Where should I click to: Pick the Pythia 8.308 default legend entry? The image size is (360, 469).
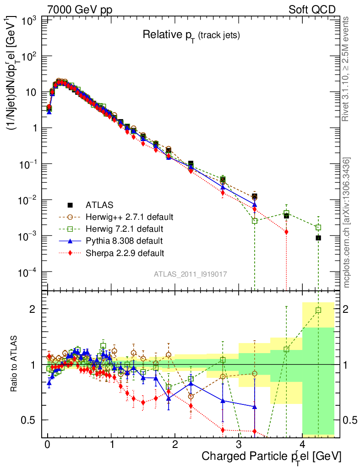[x=124, y=240]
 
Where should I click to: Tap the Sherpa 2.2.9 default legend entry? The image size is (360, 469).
[x=125, y=252]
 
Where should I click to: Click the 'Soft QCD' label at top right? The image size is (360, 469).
[x=312, y=10]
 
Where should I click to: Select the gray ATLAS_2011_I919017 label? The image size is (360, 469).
[x=190, y=273]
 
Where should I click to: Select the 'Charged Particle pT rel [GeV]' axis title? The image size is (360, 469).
[x=272, y=457]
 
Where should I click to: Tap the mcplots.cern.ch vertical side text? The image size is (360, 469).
[x=347, y=222]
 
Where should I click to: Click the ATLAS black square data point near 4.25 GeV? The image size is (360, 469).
[x=318, y=238]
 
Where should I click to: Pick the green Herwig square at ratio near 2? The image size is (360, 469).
[x=318, y=310]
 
